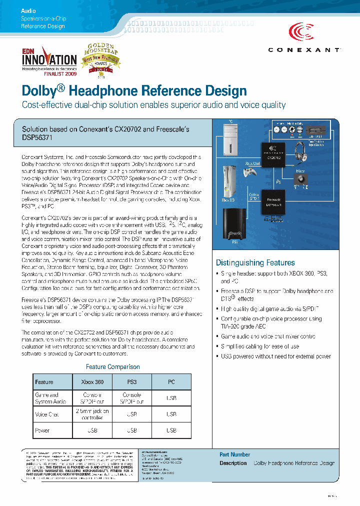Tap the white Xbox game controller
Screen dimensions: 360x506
click(249, 172)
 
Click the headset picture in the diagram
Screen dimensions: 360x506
click(302, 152)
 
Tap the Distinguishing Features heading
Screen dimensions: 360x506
click(255, 262)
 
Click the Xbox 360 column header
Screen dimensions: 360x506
click(92, 382)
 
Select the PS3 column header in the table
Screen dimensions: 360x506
click(132, 382)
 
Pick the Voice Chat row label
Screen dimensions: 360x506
click(47, 414)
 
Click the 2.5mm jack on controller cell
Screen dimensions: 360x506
click(92, 414)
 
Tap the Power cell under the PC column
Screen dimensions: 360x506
click(171, 430)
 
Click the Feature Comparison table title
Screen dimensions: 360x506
click(112, 367)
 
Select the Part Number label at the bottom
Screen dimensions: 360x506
click(234, 454)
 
